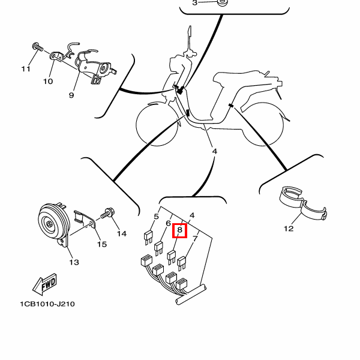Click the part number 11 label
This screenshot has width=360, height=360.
coord(25,69)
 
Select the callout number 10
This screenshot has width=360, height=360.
coord(48,81)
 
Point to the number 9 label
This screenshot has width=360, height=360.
coord(71,95)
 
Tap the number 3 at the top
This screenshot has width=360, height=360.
coord(194,3)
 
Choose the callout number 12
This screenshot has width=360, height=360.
coord(289,228)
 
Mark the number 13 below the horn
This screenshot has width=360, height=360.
coord(74,262)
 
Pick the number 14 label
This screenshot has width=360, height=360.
coord(122,233)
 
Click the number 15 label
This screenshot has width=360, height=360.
coord(101,244)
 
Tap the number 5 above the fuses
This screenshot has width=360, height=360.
coord(156,217)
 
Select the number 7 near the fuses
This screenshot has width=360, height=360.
coord(194,238)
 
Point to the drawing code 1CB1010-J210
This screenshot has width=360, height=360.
coord(47,304)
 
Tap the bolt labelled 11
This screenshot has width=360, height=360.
coord(37,46)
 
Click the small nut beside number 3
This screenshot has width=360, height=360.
coord(221,3)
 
